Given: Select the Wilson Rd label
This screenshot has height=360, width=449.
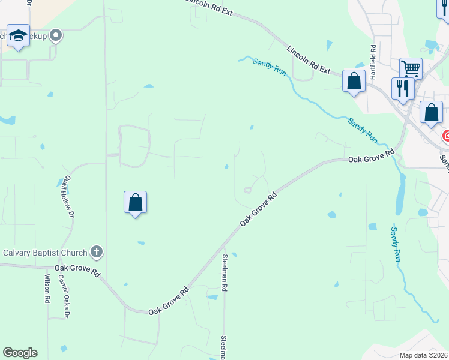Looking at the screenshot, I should point(47,289).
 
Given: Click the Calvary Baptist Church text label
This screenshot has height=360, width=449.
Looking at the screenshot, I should point(45,252).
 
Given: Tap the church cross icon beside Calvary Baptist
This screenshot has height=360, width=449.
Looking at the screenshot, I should point(96,251).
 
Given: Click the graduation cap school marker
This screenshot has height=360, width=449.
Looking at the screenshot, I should point(19,37).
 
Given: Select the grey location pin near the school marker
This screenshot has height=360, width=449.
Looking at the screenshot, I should point(56,36).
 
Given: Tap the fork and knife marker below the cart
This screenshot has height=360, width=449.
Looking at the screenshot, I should point(402,88).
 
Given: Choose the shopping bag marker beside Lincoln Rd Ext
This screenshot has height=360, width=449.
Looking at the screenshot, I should point(354,80).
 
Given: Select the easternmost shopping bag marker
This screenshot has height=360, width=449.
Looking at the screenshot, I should point(431,112).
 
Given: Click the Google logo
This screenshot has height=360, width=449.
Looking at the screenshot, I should point(20,353).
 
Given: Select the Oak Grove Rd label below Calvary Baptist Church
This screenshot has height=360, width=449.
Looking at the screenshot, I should point(77,271).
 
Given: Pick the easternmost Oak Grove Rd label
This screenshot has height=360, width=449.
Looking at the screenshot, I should point(372,158).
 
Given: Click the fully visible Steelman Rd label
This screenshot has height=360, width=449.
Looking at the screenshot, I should point(224,273).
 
